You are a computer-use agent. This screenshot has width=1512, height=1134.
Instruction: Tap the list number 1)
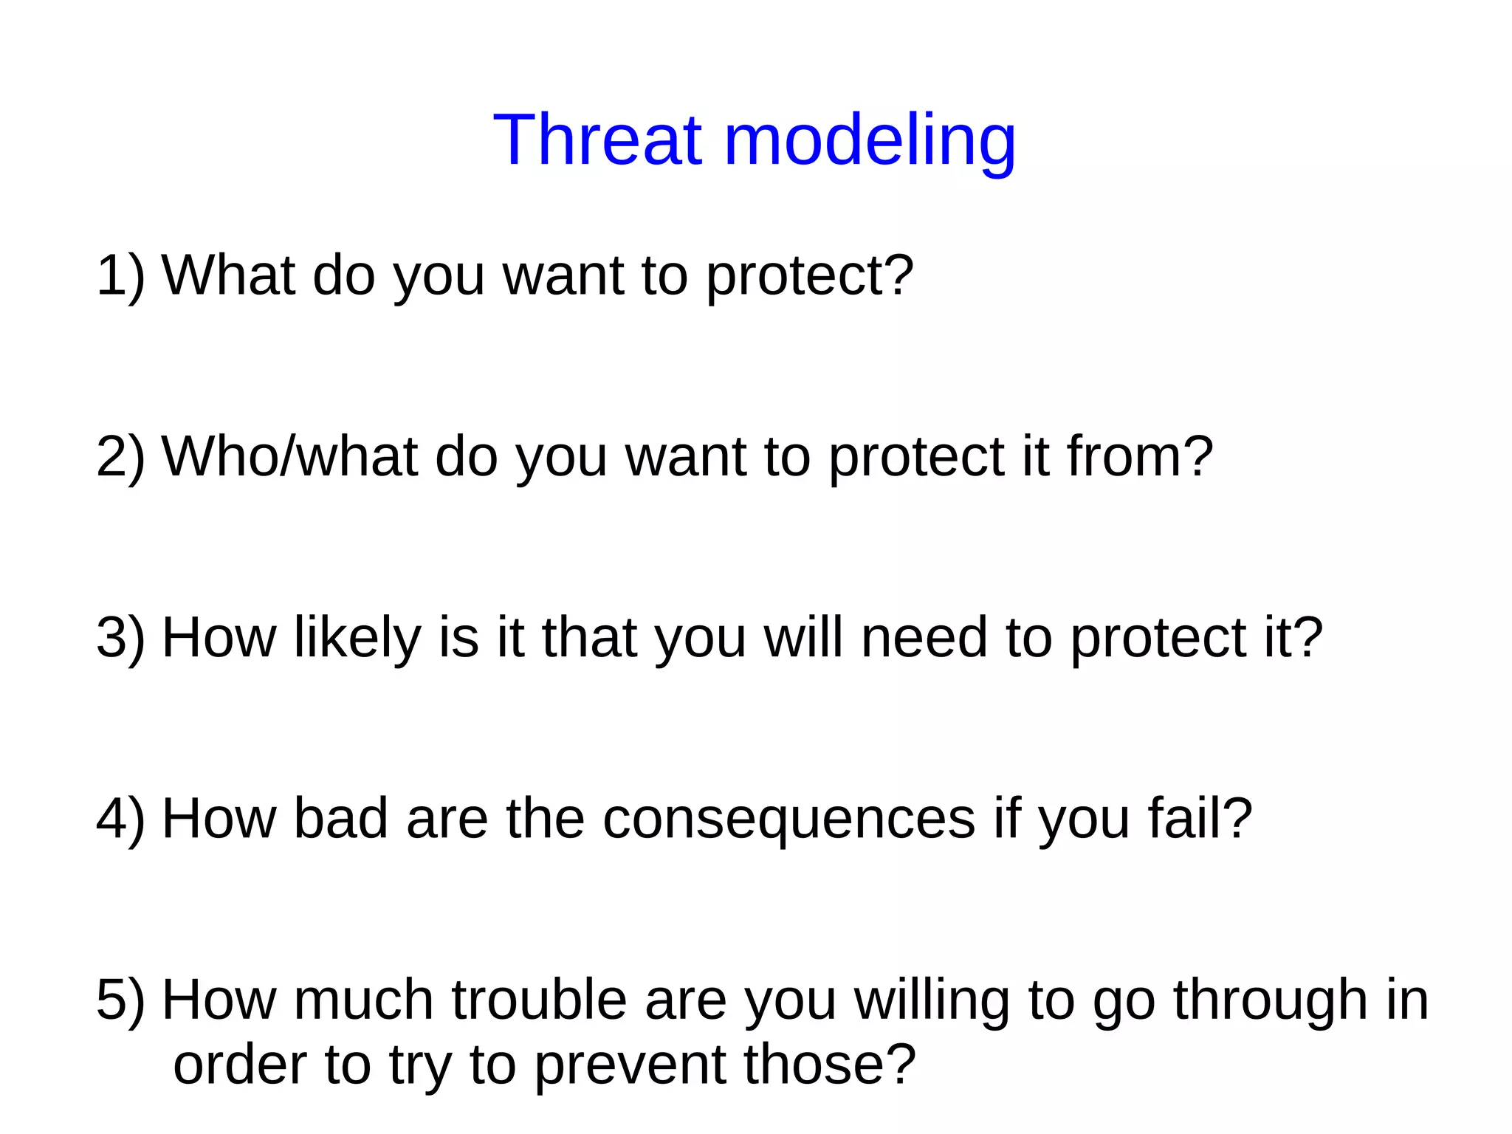[x=120, y=275]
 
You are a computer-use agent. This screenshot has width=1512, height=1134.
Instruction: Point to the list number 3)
[x=120, y=638]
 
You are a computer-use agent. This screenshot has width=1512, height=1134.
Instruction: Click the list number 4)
[x=120, y=819]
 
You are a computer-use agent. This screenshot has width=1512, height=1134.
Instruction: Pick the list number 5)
[x=120, y=1000]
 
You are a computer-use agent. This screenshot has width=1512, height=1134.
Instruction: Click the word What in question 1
[x=228, y=275]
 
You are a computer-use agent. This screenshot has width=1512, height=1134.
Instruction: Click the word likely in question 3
[x=357, y=638]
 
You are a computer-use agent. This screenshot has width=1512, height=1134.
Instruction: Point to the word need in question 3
[x=924, y=638]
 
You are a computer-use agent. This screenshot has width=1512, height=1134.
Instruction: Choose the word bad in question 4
[x=340, y=819]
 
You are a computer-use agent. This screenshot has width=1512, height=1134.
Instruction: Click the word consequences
[x=788, y=819]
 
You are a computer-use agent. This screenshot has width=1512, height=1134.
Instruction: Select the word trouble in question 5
[x=539, y=1000]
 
